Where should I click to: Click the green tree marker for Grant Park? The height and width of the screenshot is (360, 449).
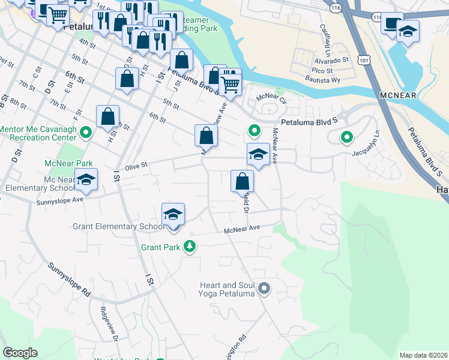190,247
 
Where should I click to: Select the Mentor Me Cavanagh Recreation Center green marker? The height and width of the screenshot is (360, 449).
85,132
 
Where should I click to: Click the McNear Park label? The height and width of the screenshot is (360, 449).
68,163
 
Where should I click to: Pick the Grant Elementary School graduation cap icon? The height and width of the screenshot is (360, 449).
173,215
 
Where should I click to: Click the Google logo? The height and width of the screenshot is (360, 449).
20,353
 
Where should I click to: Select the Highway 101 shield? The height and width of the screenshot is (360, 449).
362,60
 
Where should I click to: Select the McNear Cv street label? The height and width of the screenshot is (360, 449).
271,97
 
